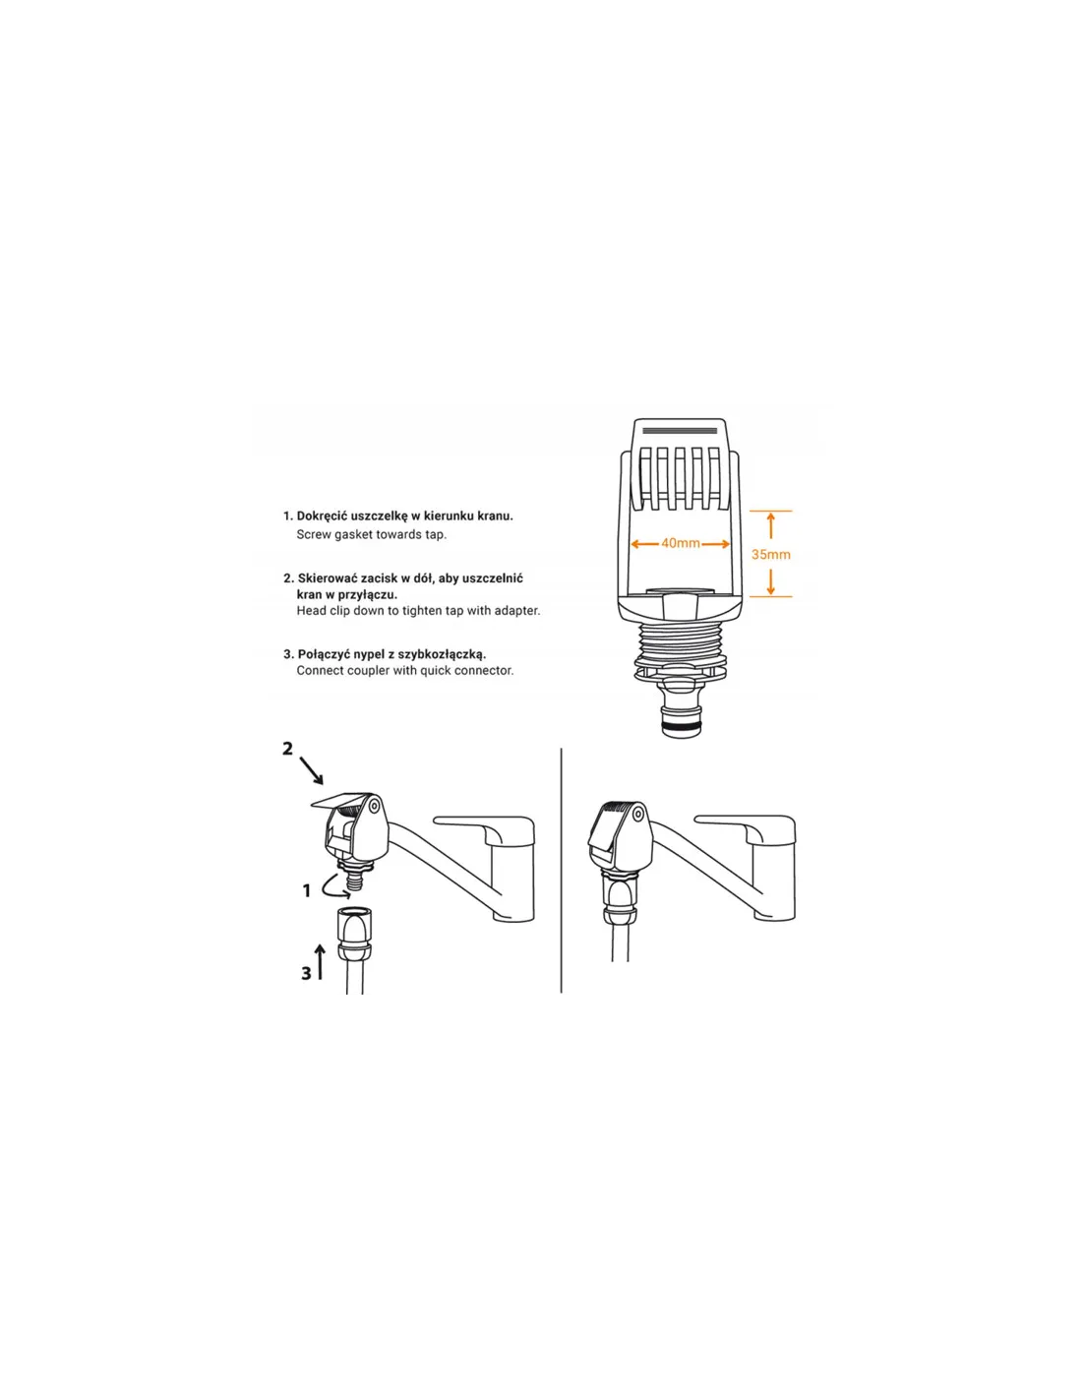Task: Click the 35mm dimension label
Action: pyautogui.click(x=771, y=554)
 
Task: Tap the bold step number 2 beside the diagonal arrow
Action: pyautogui.click(x=288, y=749)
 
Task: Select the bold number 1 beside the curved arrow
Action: pyautogui.click(x=307, y=891)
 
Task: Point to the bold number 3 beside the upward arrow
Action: pyautogui.click(x=306, y=973)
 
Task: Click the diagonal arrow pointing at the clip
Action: pyautogui.click(x=312, y=770)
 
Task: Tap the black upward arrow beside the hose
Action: pyautogui.click(x=321, y=962)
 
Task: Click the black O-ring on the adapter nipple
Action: pyautogui.click(x=679, y=726)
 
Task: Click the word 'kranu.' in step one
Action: pyautogui.click(x=495, y=516)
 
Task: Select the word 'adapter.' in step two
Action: pyautogui.click(x=515, y=611)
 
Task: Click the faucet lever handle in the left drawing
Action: pyautogui.click(x=485, y=828)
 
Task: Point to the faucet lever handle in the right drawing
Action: pyautogui.click(x=746, y=828)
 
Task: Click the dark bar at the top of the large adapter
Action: pyautogui.click(x=680, y=429)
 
